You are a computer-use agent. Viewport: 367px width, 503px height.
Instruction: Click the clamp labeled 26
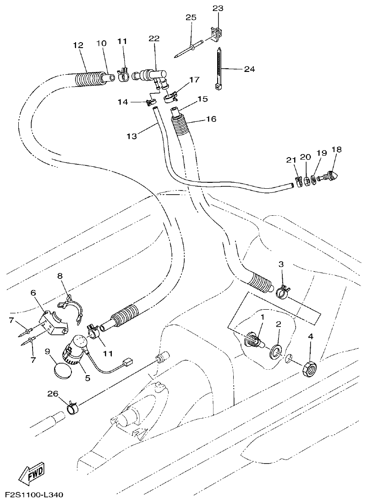coord(72,406)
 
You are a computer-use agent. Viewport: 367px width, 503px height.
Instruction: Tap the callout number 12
coord(78,45)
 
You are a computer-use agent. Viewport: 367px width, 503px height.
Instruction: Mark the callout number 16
coord(212,119)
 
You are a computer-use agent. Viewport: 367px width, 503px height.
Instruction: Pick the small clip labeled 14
coord(150,102)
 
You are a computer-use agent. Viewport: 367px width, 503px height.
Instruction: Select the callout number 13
coord(131,136)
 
